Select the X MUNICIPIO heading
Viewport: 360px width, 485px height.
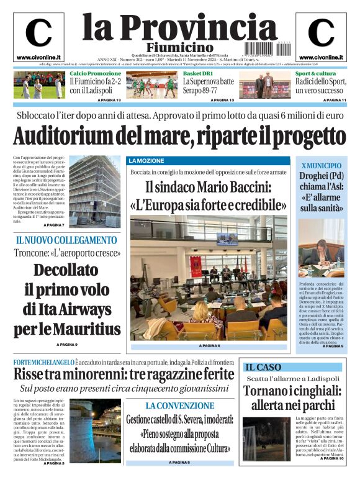point(321,166)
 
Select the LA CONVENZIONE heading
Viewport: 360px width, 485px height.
point(180,406)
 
